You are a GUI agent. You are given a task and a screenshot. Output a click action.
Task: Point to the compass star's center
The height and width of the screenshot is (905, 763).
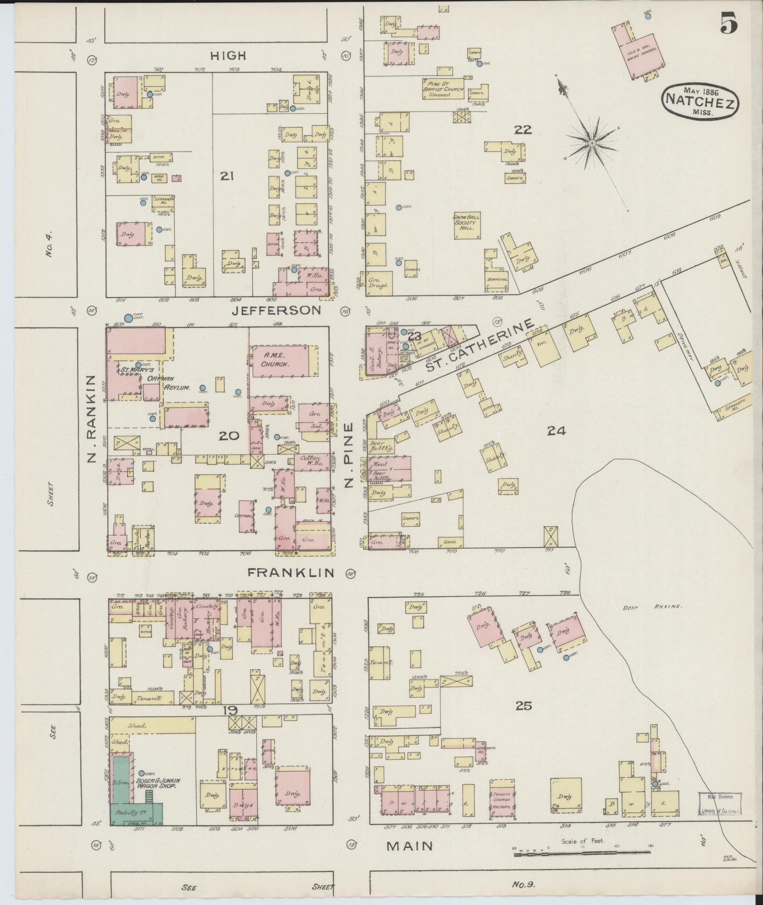tap(592, 142)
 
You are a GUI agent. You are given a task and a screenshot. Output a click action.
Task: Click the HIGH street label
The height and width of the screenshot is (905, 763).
tap(228, 56)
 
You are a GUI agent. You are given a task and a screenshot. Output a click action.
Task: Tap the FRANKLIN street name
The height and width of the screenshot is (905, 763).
tap(291, 572)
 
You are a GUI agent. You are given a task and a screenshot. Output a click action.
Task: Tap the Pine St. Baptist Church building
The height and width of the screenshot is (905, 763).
tap(443, 88)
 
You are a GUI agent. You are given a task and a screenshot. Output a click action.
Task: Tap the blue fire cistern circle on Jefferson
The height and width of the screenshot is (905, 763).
tap(128, 318)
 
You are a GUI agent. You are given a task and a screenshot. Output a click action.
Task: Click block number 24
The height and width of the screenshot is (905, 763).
tap(556, 431)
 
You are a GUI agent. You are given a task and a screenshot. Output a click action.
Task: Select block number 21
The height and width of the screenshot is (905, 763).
tap(227, 176)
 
